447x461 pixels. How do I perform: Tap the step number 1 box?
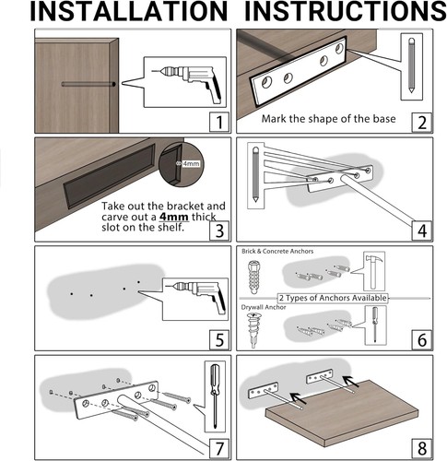tap(217, 121)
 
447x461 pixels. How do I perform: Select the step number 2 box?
tap(421, 121)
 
